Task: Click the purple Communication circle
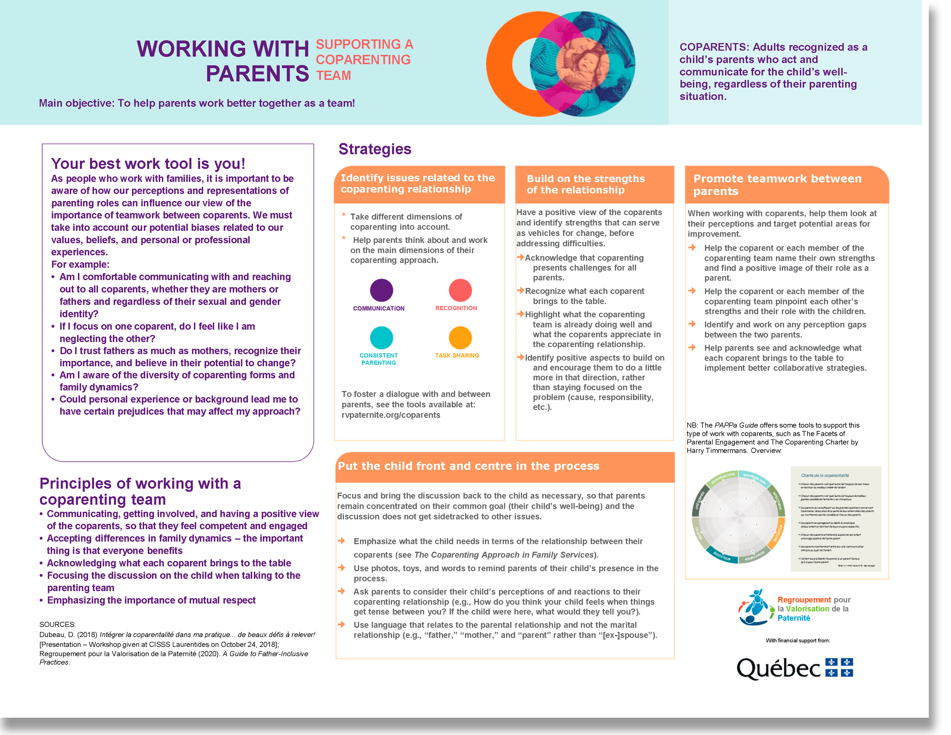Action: (x=382, y=290)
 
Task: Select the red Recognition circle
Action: (x=460, y=290)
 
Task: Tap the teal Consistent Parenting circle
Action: (x=382, y=338)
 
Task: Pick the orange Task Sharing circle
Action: (x=460, y=338)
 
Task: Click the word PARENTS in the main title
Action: (x=257, y=73)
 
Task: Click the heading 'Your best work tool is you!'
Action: (x=148, y=164)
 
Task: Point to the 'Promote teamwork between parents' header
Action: (x=777, y=185)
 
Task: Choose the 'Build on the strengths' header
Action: (x=586, y=184)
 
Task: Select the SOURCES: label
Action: (x=57, y=624)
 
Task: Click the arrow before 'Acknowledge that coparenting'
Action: (x=520, y=257)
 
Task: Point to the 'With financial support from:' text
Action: (x=798, y=640)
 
